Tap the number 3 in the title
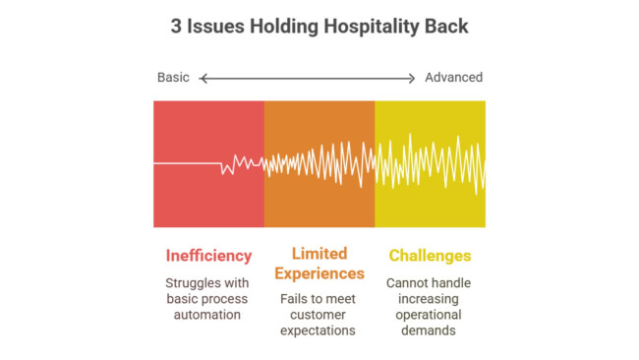[176, 27]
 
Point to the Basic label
[173, 78]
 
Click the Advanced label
[453, 78]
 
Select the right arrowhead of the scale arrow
[413, 78]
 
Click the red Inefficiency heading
[207, 256]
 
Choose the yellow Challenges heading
[430, 256]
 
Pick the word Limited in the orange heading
[319, 254]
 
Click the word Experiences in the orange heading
[319, 273]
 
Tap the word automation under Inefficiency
[207, 315]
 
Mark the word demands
[430, 330]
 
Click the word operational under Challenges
[430, 315]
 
